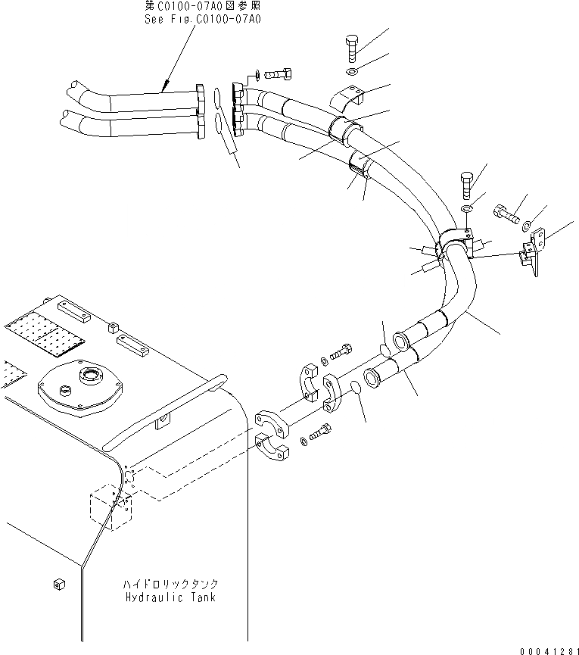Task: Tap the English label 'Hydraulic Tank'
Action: (x=170, y=597)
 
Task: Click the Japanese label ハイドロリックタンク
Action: (x=170, y=585)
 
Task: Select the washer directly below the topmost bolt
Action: (x=353, y=73)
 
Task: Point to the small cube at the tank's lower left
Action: (x=58, y=583)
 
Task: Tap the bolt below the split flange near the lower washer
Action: (x=321, y=432)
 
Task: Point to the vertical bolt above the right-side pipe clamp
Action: (x=466, y=185)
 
